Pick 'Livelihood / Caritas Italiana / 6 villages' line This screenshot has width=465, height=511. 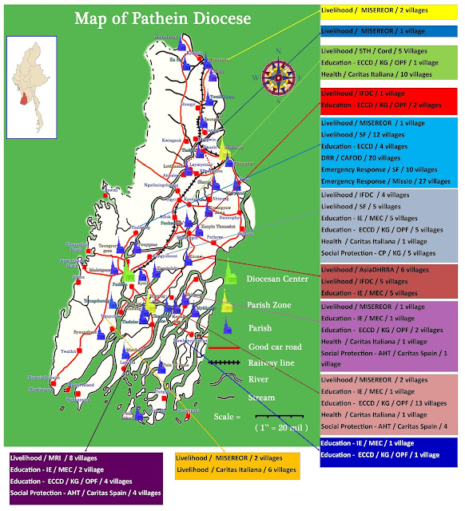pyautogui.click(x=236, y=470)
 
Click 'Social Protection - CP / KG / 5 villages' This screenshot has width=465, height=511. pyautogui.click(x=378, y=252)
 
